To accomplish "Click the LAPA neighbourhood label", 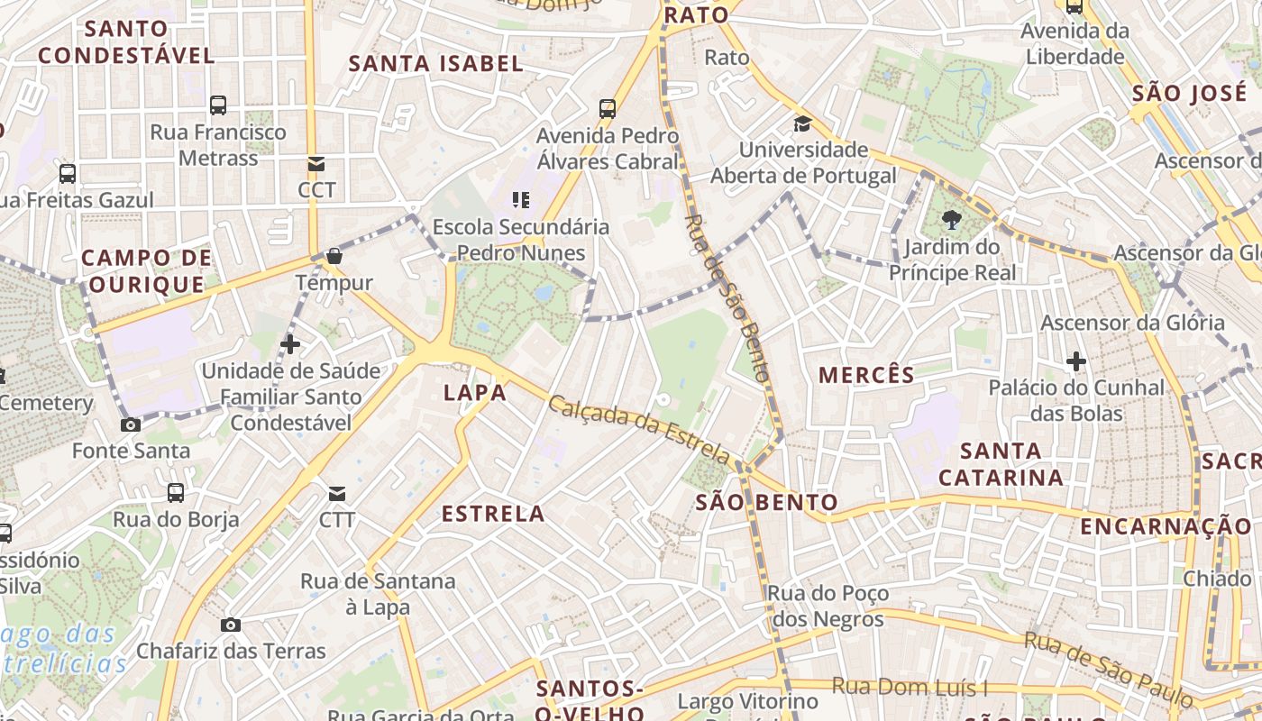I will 475,393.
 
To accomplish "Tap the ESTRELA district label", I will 493,514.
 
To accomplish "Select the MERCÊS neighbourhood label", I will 866,375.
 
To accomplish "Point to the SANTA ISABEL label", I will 436,63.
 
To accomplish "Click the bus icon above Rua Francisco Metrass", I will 218,105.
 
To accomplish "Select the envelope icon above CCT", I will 316,164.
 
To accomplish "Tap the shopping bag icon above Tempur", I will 334,257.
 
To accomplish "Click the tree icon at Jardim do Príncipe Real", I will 950,219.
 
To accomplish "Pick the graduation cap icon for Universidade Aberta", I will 802,123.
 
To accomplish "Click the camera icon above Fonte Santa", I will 131,424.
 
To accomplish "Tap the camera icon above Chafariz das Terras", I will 231,625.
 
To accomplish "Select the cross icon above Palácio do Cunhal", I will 1075,361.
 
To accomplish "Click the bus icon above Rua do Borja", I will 176,493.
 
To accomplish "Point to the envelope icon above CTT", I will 337,494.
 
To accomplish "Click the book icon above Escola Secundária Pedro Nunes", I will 521,199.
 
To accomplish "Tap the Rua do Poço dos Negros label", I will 828,607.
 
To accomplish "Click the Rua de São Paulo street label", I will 1108,669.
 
